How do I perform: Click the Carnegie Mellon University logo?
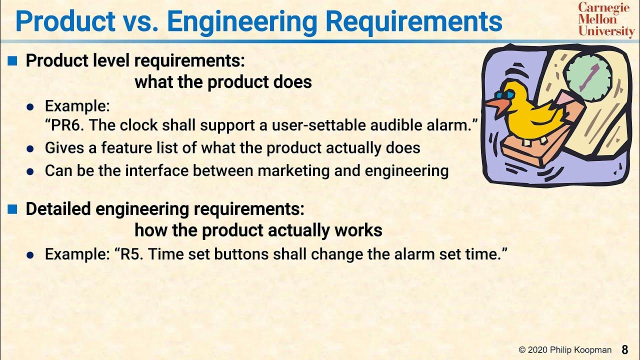pos(606,19)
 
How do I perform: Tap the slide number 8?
pos(625,349)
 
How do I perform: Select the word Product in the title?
pos(62,22)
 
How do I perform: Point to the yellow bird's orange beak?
pos(496,105)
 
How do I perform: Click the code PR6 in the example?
pos(67,125)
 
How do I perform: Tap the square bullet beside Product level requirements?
pos(12,61)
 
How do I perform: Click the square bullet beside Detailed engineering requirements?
pos(12,209)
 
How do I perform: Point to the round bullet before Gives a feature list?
pos(30,149)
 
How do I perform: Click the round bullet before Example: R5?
pos(30,255)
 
